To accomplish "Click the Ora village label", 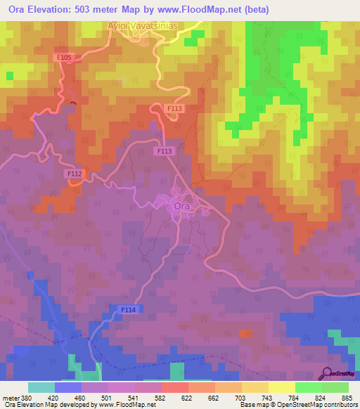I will [x=182, y=206].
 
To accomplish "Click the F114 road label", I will [x=128, y=309].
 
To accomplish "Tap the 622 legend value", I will [x=188, y=397].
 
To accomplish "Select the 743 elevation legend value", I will [x=268, y=397].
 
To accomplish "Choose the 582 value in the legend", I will [x=161, y=397].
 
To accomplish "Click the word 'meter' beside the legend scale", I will [x=11, y=397].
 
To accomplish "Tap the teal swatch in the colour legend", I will [x=41, y=387].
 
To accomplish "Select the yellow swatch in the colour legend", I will [x=282, y=387].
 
